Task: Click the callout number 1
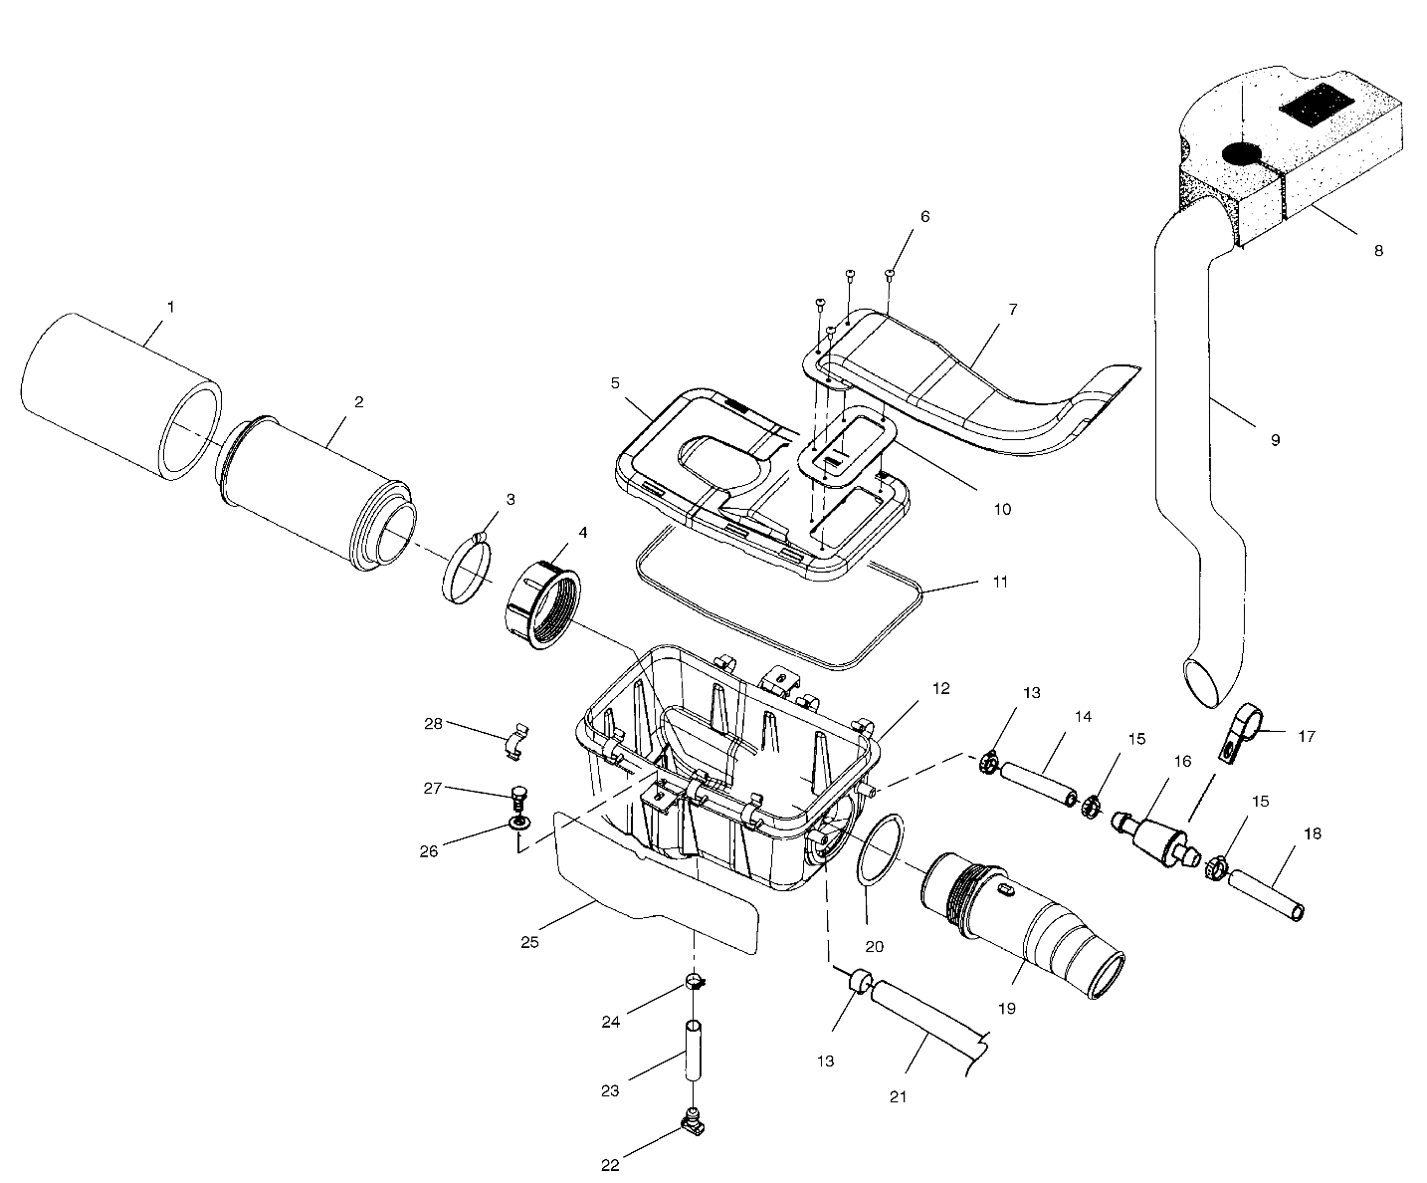click(x=170, y=308)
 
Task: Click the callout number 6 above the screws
click(x=924, y=216)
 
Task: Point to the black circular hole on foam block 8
click(x=1241, y=153)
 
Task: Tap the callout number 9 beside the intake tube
click(x=1275, y=439)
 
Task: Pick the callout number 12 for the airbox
click(x=941, y=688)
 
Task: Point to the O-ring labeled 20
click(x=878, y=847)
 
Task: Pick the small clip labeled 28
click(x=516, y=741)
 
